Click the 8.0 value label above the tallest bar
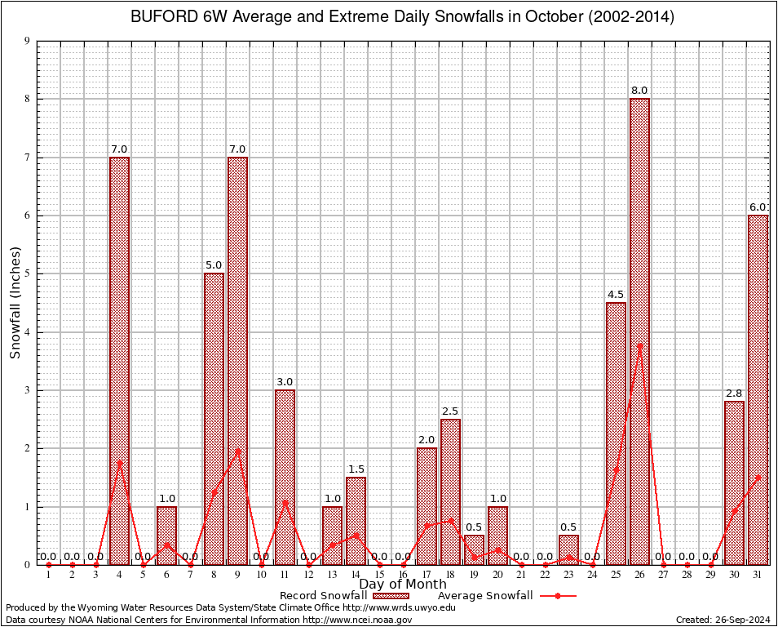tap(639, 91)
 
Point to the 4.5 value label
tap(616, 295)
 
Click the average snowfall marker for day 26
tap(639, 346)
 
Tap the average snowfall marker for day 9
tap(237, 451)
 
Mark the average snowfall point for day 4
tap(119, 463)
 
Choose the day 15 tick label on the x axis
tap(379, 576)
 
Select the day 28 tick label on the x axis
tap(687, 576)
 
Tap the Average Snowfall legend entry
tap(506, 596)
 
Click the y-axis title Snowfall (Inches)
tap(15, 302)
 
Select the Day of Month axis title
tap(403, 585)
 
